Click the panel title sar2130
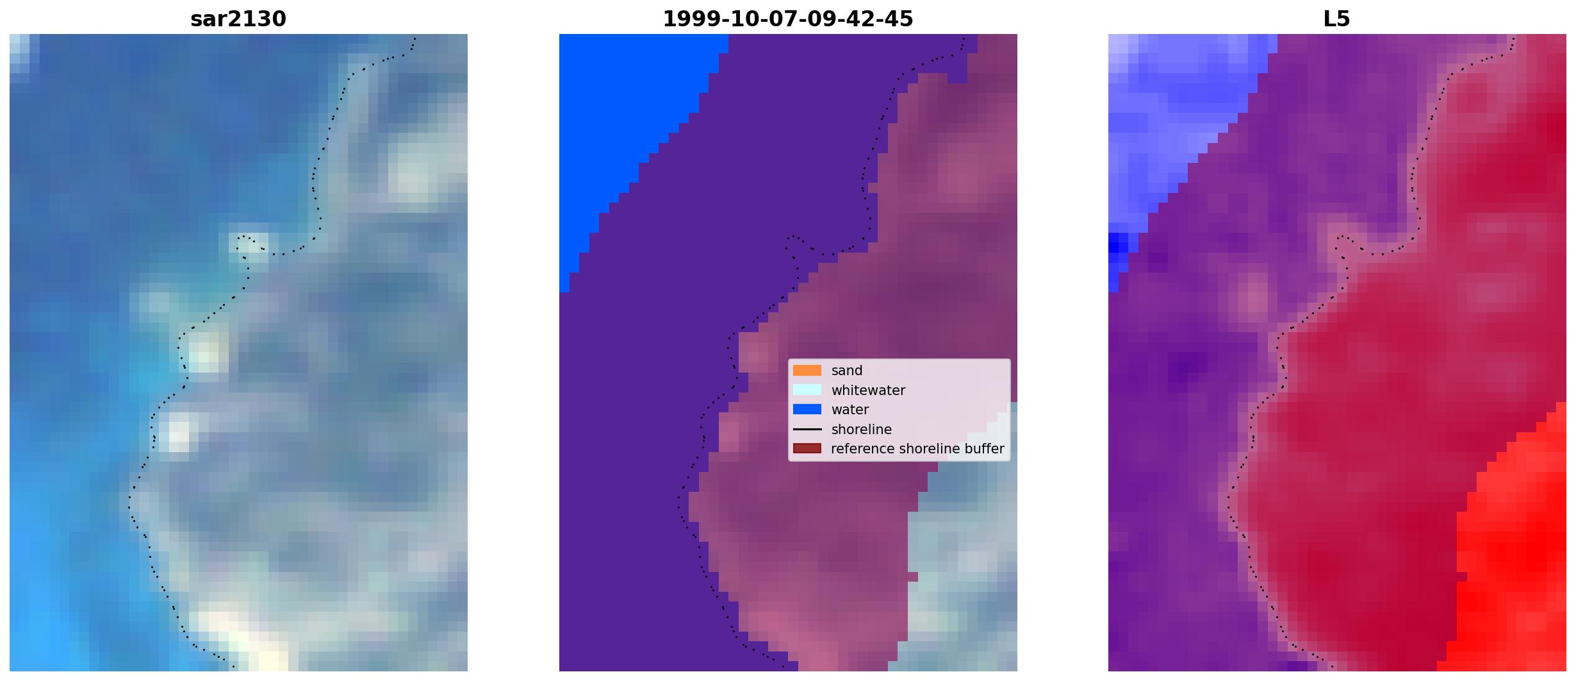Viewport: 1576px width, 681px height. [238, 19]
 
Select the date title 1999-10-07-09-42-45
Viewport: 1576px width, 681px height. [788, 19]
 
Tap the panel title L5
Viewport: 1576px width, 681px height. [1337, 19]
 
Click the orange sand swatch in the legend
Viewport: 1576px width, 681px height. [807, 371]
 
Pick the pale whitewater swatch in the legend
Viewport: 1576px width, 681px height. [807, 390]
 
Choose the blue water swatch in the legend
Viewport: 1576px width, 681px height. [807, 410]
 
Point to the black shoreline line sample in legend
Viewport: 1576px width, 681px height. [807, 429]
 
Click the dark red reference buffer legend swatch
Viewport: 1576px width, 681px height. [807, 449]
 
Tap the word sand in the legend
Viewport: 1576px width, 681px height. [847, 371]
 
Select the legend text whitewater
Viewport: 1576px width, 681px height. [868, 391]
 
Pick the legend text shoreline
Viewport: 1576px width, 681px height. [861, 430]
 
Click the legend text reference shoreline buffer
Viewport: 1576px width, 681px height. [917, 449]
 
